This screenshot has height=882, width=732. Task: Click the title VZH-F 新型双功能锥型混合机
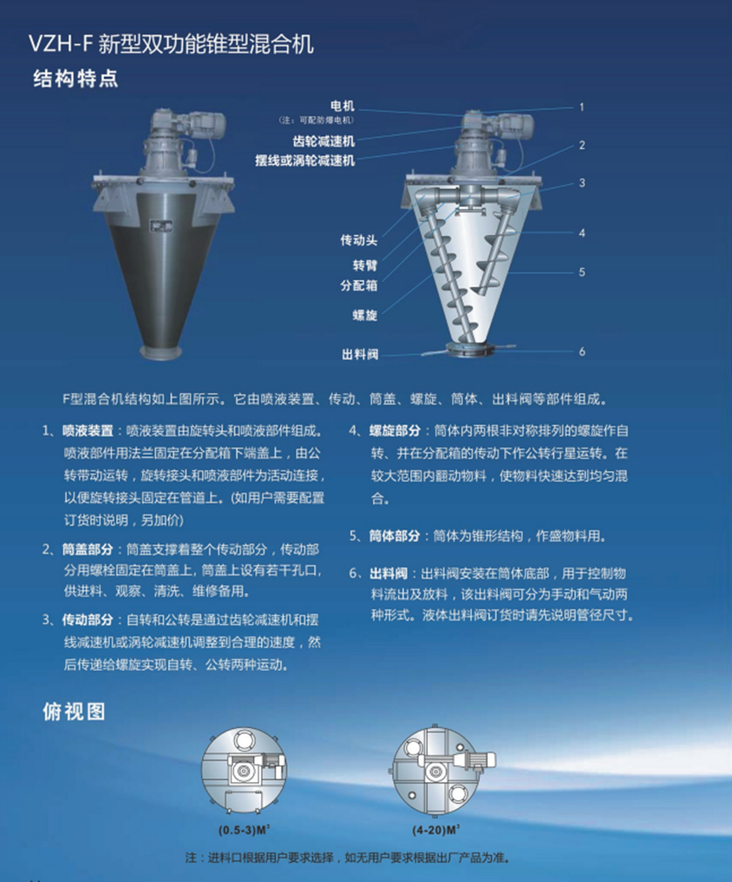[x=171, y=44]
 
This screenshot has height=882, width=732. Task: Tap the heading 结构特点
[x=75, y=79]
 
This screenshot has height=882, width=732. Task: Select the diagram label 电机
[x=342, y=106]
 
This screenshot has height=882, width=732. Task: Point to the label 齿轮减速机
[x=324, y=141]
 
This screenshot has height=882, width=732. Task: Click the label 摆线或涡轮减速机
[x=305, y=161]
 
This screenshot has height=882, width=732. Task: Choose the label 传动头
[x=359, y=240]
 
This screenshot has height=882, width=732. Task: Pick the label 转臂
[x=364, y=265]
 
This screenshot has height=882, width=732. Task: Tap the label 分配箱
[x=359, y=285]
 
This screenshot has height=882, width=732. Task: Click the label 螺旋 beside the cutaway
[x=364, y=315]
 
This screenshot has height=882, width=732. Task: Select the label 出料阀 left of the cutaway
[x=360, y=355]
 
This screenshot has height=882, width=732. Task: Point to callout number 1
[x=582, y=107]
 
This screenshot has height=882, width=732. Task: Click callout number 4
[x=582, y=233]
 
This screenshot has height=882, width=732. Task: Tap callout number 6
[x=582, y=351]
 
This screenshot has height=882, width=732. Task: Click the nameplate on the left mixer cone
[x=161, y=226]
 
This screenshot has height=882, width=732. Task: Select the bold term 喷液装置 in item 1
[x=88, y=431]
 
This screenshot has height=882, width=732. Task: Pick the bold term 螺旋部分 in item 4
[x=395, y=431]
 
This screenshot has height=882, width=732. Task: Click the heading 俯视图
[x=73, y=712]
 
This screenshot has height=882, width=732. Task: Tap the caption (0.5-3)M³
[x=245, y=830]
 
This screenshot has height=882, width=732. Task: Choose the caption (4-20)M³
[x=435, y=830]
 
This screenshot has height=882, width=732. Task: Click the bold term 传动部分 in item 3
[x=88, y=620]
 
